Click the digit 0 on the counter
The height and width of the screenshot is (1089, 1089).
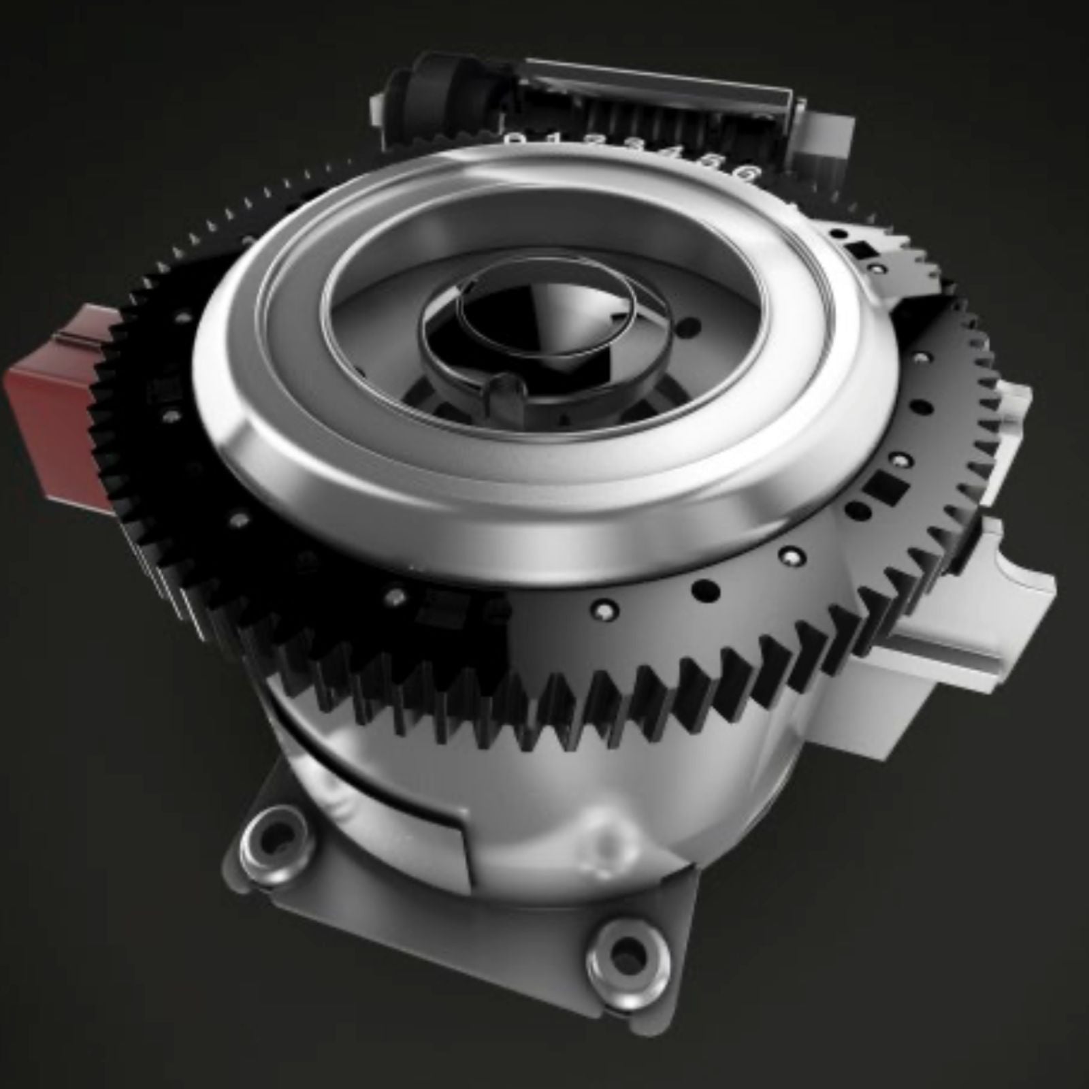pos(517,139)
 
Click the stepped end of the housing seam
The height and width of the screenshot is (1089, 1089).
pos(463,844)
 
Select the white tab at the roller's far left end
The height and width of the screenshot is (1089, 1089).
pos(378,109)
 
